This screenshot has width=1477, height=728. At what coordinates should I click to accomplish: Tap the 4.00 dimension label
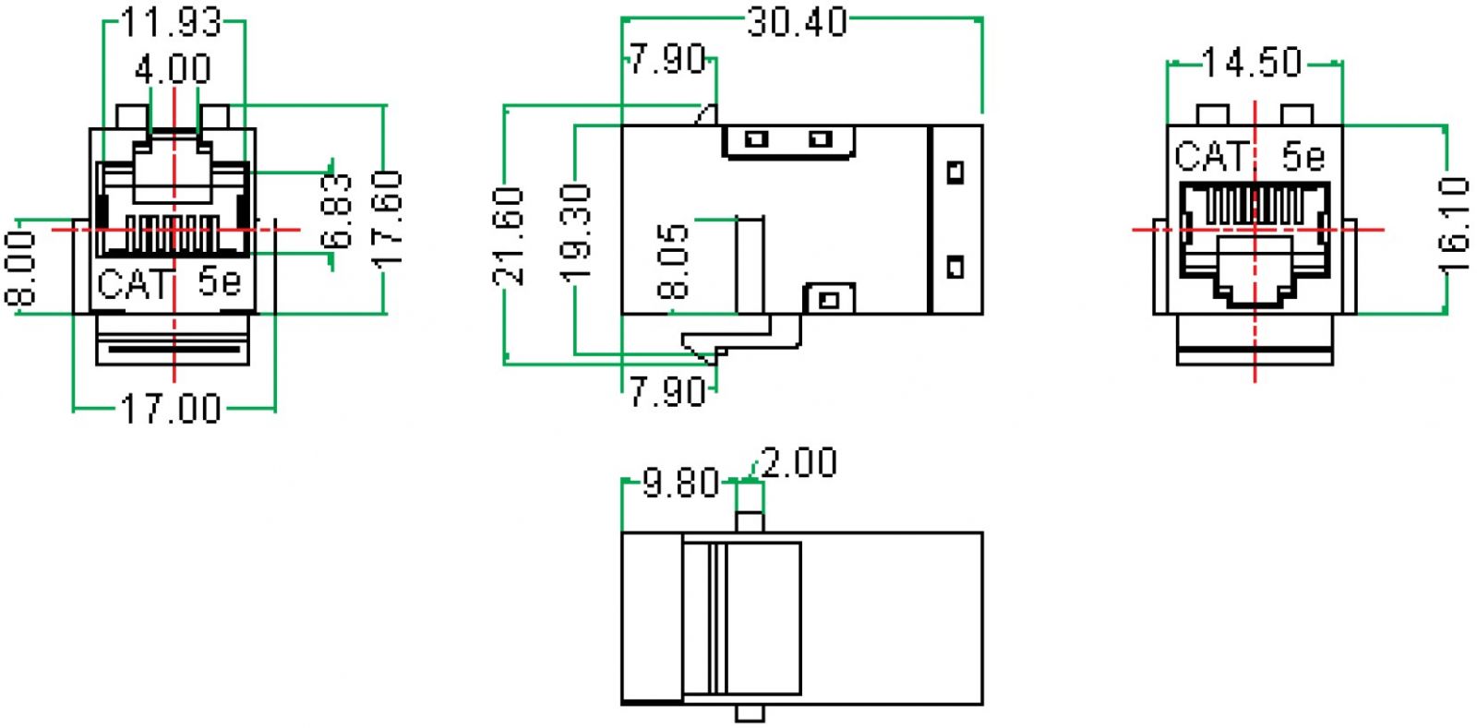[x=173, y=69]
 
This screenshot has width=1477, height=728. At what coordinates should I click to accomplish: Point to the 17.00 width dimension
[x=172, y=408]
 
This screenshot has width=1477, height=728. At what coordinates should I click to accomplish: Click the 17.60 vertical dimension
[x=388, y=220]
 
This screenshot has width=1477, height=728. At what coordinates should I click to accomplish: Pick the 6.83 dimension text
[x=340, y=211]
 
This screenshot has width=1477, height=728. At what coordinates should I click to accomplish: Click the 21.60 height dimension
[x=510, y=235]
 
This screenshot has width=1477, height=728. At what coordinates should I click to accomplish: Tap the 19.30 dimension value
[x=577, y=233]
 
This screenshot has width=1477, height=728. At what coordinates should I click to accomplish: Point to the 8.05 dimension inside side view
[x=674, y=261]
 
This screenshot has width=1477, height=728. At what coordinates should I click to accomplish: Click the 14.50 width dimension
[x=1252, y=63]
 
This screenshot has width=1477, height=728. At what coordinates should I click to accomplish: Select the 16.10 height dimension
[x=1453, y=224]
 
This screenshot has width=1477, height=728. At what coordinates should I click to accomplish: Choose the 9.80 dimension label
[x=680, y=483]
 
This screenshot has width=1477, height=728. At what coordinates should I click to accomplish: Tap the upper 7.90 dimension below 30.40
[x=668, y=60]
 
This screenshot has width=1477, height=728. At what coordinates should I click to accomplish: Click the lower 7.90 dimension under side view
[x=667, y=392]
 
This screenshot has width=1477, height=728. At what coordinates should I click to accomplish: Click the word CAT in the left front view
[x=134, y=283]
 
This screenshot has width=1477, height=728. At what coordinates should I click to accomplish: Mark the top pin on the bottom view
[x=750, y=522]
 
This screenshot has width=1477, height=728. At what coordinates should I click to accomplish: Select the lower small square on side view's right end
[x=955, y=268]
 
